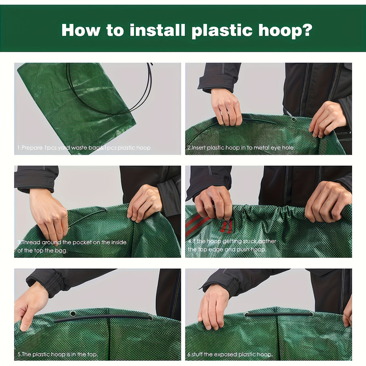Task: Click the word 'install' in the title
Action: [x=158, y=30]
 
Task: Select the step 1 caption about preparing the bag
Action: [x=84, y=148]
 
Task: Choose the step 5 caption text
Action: [x=58, y=355]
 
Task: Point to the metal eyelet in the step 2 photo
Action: [x=293, y=119]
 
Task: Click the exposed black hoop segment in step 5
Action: [x=104, y=317]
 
